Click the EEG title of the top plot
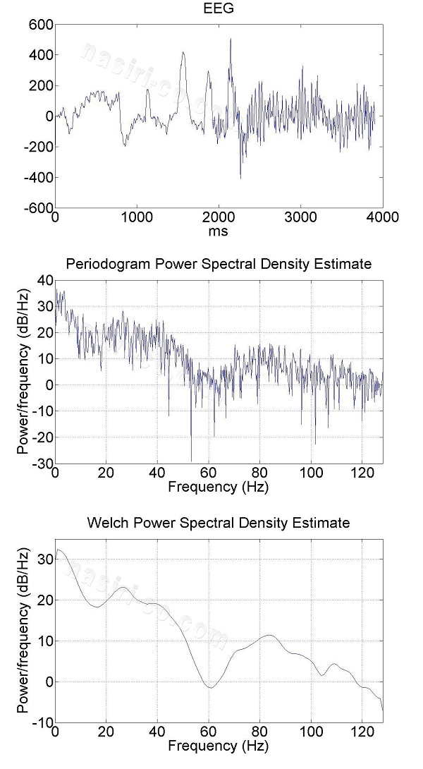pyautogui.click(x=219, y=9)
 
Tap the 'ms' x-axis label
pyautogui.click(x=219, y=231)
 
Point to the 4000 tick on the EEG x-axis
pyautogui.click(x=382, y=217)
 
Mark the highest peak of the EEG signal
pyautogui.click(x=231, y=40)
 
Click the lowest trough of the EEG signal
pyautogui.click(x=240, y=178)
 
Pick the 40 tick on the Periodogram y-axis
pyautogui.click(x=44, y=280)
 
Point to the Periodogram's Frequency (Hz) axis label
pyautogui.click(x=219, y=487)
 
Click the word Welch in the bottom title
pyautogui.click(x=106, y=523)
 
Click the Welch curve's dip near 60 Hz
pyautogui.click(x=209, y=687)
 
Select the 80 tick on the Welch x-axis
pyautogui.click(x=260, y=732)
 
